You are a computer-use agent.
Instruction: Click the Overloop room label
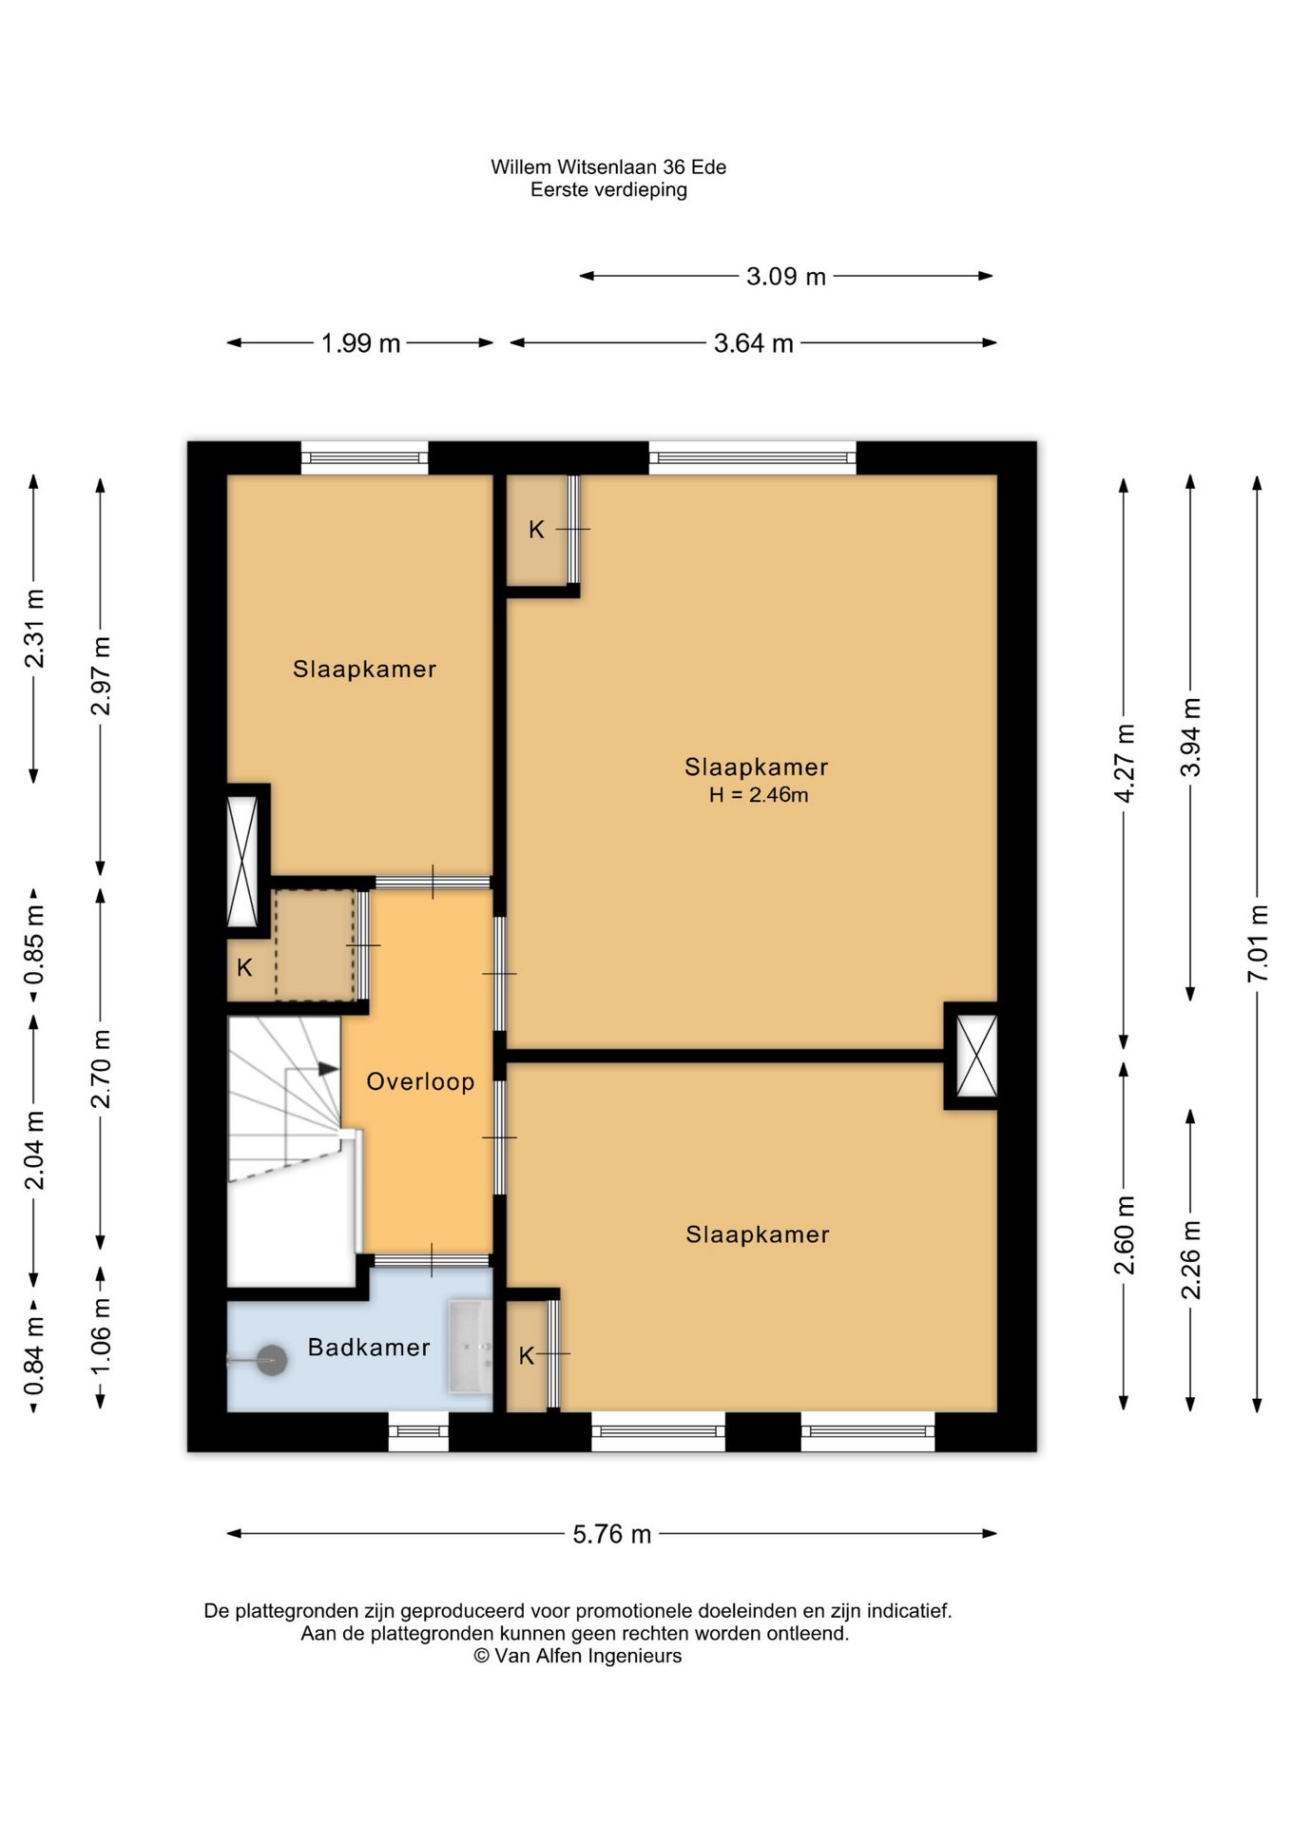[x=420, y=1081]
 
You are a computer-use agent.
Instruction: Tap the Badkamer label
[x=369, y=1347]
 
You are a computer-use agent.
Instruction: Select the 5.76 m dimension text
[x=611, y=1534]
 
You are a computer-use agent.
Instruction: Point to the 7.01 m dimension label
[x=1258, y=943]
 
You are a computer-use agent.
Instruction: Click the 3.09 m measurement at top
[x=785, y=277]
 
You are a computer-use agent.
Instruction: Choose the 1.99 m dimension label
[x=360, y=343]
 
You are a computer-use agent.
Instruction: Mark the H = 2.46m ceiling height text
[x=758, y=795]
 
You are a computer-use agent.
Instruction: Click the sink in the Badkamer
[x=471, y=1347]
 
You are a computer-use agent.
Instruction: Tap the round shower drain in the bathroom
[x=274, y=1360]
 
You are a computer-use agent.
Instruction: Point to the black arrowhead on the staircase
[x=328, y=1068]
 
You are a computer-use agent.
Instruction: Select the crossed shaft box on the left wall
[x=242, y=861]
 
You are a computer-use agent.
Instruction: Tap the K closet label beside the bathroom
[x=527, y=1356]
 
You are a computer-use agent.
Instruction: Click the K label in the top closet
[x=536, y=530]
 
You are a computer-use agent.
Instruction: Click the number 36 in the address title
[x=674, y=166]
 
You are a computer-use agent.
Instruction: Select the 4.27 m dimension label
[x=1125, y=763]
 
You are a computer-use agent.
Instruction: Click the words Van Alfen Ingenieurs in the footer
[x=588, y=1656]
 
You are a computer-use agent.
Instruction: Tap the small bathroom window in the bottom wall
[x=418, y=1430]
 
